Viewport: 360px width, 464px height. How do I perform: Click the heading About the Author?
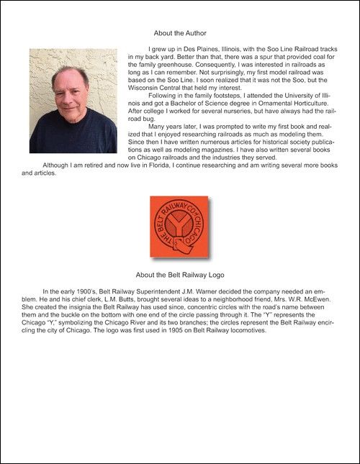click(x=180, y=33)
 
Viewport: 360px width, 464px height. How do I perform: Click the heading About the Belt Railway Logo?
click(x=180, y=274)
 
